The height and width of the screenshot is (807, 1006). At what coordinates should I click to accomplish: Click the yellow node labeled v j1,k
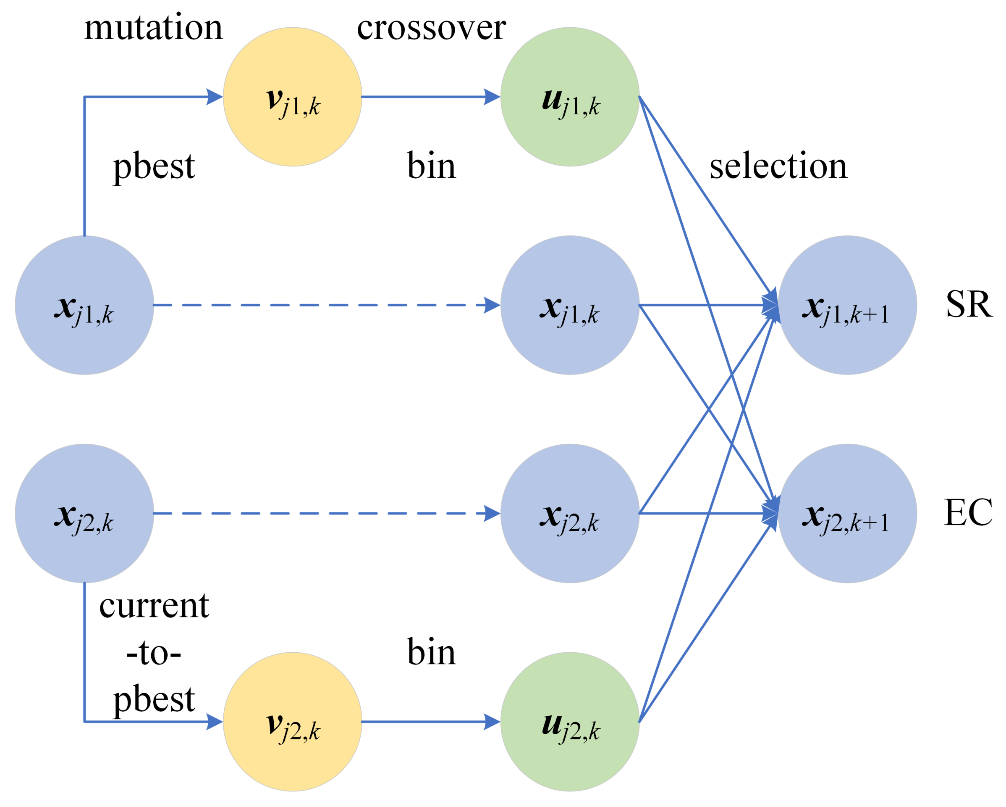293,97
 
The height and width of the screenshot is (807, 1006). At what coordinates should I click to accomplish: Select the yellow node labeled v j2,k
293,722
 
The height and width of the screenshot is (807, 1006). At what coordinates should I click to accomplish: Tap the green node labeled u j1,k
570,97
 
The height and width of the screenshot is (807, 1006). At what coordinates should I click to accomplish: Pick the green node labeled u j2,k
570,722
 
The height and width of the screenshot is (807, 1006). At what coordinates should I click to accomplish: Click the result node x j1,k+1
847,305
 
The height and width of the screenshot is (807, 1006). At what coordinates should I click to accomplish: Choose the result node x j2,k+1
847,513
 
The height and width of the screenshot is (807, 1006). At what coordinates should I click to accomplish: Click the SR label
969,304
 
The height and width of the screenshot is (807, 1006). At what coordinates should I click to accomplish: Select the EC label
968,513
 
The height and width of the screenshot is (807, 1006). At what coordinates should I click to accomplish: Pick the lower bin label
431,652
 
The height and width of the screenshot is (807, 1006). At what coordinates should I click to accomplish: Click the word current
154,606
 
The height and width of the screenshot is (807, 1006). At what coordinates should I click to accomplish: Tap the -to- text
154,653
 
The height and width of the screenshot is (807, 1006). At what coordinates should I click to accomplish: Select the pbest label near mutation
154,167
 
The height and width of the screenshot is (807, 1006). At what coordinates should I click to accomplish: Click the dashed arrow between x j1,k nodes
327,305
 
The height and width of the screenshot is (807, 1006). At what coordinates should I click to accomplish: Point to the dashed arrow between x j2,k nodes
327,513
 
